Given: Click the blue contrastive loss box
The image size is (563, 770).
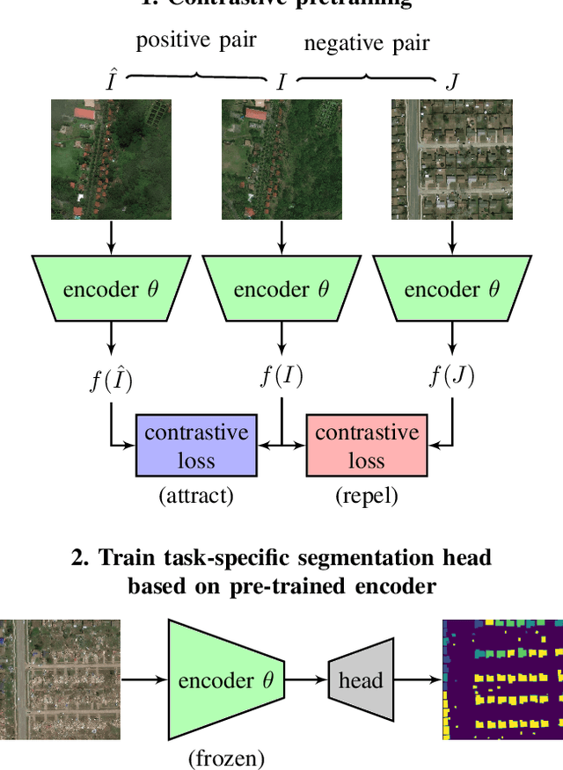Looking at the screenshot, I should (196, 447).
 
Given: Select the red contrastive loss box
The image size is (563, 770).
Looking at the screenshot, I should (367, 447).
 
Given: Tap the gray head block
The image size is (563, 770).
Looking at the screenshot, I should (361, 679).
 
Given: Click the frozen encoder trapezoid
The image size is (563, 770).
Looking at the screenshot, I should (226, 679).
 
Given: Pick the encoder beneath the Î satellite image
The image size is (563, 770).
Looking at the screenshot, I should (111, 289).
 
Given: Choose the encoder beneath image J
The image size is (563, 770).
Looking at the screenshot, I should (452, 289).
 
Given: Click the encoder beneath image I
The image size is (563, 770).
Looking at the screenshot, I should (281, 289).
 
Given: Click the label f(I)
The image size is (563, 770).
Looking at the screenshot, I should (281, 376).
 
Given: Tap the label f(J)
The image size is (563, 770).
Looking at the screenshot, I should (452, 376).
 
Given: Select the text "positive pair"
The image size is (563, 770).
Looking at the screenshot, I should (196, 41).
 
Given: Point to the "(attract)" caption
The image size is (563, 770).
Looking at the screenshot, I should (196, 496).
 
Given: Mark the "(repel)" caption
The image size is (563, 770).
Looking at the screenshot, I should (367, 496).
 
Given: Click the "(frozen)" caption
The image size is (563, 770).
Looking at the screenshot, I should (226, 757).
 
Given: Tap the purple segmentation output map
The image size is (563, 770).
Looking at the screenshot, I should (502, 679).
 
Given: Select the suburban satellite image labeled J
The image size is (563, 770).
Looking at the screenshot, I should (452, 159).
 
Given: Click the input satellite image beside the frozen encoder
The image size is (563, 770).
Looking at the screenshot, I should (60, 679).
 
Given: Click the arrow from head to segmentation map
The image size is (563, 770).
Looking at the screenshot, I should (417, 679).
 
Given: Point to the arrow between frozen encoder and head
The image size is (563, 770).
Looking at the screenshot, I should (305, 679).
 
